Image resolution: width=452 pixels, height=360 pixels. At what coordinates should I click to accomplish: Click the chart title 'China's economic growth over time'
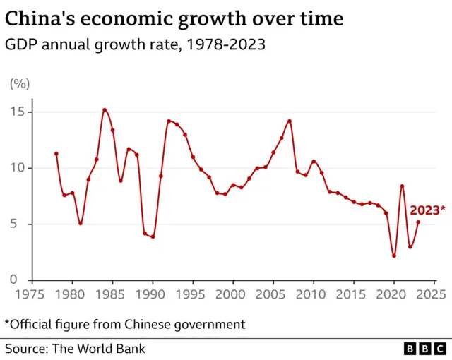click(x=174, y=18)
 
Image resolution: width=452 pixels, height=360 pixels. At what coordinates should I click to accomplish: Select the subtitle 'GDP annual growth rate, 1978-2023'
click(x=131, y=45)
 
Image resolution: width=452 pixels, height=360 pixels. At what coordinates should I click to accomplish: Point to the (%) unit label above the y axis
click(x=19, y=84)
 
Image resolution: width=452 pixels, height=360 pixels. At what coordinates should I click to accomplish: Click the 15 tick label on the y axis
click(x=18, y=112)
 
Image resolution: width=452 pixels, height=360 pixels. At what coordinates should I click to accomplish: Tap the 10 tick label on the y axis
click(x=18, y=168)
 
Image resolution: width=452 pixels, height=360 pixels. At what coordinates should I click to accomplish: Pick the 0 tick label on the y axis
click(x=21, y=280)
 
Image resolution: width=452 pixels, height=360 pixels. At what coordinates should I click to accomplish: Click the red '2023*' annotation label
click(x=427, y=210)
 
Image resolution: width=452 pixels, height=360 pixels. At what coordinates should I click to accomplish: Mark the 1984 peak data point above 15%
click(x=105, y=109)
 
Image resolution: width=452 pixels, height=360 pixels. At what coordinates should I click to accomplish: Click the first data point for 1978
click(x=56, y=154)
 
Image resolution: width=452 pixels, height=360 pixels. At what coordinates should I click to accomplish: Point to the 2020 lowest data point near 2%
click(x=394, y=256)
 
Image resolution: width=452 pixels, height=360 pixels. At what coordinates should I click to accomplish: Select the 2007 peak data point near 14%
click(x=290, y=121)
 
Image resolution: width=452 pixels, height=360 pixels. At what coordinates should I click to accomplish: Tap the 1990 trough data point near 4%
click(x=153, y=236)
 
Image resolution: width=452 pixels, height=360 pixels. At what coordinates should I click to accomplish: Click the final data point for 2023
click(x=418, y=222)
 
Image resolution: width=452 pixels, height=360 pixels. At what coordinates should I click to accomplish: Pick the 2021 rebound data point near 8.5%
click(x=402, y=186)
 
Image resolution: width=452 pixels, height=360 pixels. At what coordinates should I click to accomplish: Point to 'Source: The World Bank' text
click(x=75, y=349)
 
